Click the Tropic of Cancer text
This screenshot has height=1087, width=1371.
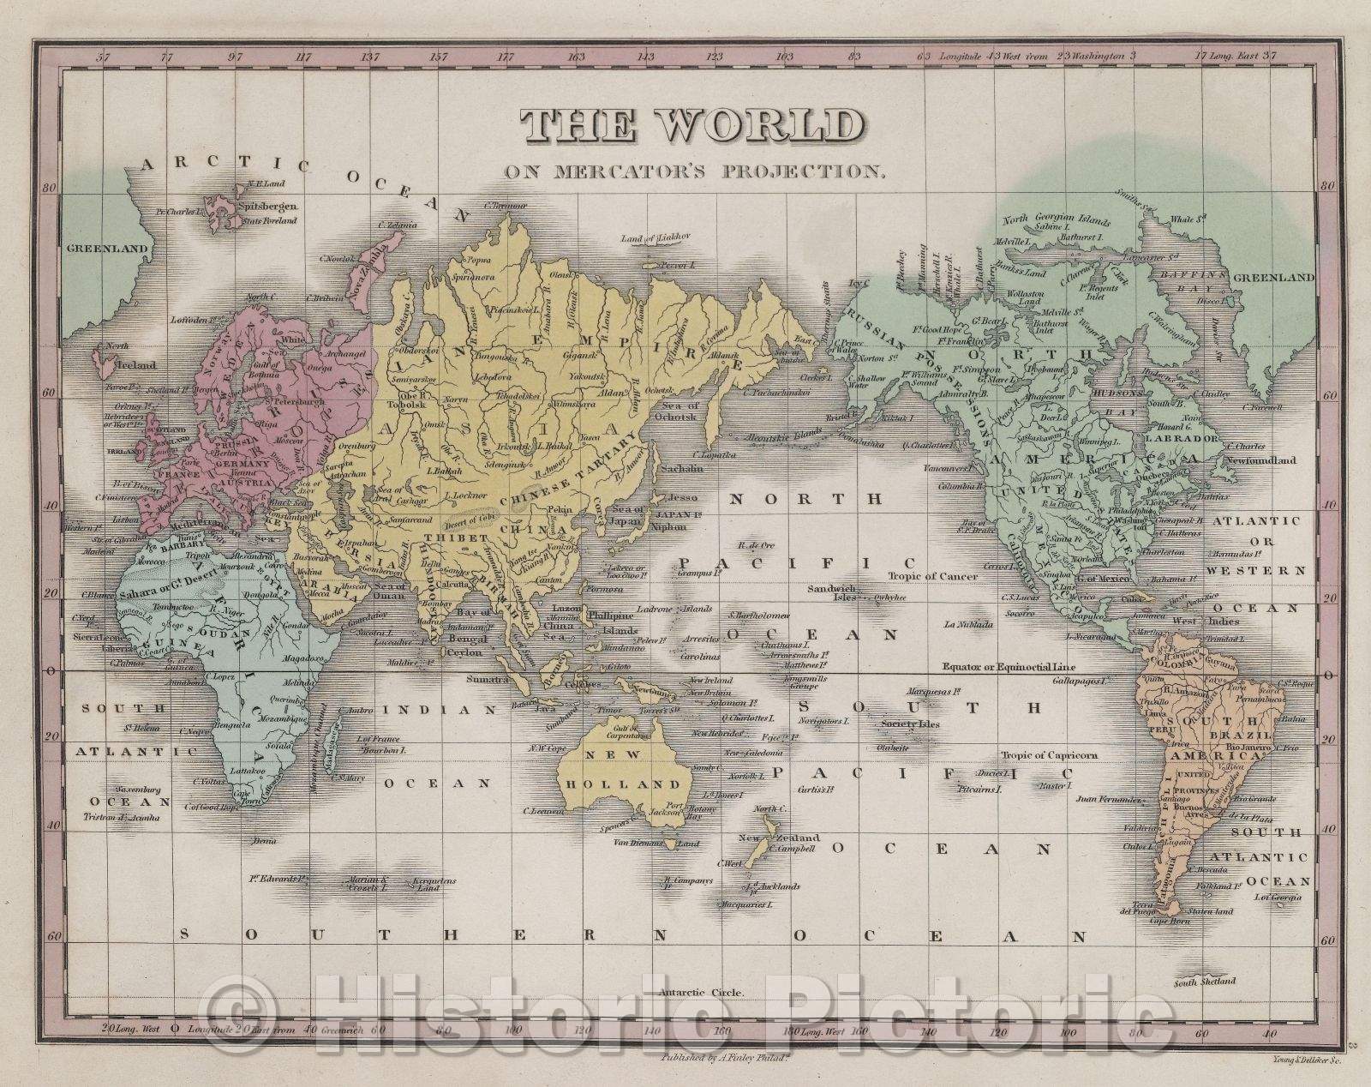pyautogui.click(x=932, y=576)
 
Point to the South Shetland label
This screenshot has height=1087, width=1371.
pyautogui.click(x=1206, y=981)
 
